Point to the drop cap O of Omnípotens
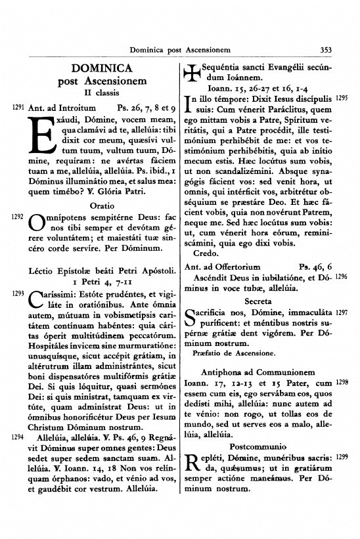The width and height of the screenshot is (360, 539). [39, 222]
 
